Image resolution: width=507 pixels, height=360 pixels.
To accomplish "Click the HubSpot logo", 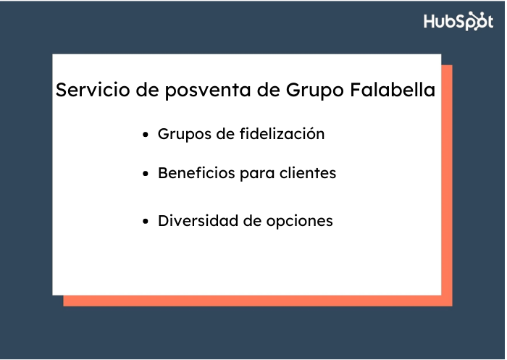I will pos(458,21).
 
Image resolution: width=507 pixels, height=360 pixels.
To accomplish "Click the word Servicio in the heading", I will pos(85,91).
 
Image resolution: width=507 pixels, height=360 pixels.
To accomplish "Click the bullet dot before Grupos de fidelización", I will pos(146,135).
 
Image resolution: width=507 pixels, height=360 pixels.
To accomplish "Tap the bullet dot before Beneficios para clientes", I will pos(146,175).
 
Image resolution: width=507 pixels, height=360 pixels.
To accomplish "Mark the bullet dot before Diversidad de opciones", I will pos(146,222).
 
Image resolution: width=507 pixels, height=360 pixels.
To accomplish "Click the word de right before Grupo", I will pos(269,91).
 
